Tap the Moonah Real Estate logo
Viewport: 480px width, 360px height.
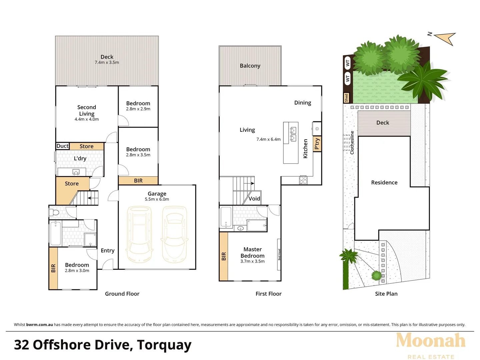[431, 345]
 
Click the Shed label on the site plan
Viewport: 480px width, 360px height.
[346, 98]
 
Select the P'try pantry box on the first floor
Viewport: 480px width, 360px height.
[317, 144]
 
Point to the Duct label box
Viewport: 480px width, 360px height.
[62, 146]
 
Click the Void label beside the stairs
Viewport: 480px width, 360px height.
[254, 199]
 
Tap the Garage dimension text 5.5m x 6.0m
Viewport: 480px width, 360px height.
[157, 199]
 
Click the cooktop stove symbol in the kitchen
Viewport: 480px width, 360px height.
[303, 180]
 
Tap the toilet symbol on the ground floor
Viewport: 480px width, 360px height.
[54, 212]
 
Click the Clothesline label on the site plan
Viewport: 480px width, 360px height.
[352, 142]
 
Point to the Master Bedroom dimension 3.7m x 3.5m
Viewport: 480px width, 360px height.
[252, 261]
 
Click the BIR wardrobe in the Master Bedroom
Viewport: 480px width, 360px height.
[224, 256]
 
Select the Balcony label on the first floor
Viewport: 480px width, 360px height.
[250, 66]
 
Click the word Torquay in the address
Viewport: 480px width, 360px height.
[164, 345]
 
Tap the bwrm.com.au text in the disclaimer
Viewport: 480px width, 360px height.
[39, 325]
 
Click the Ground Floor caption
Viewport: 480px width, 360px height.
[122, 294]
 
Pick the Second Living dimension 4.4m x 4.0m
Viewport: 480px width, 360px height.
[87, 119]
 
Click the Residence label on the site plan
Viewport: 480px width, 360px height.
[384, 183]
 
